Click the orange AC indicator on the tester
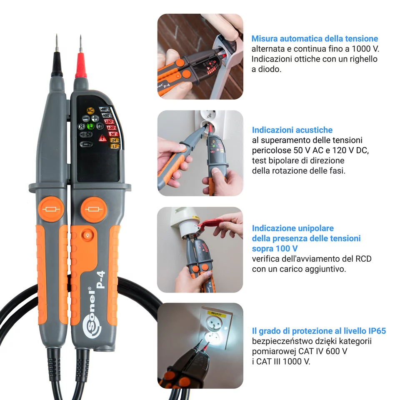90,110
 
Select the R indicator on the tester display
82,126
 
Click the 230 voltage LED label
110,122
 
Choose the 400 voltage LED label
106,115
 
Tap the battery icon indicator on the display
86,144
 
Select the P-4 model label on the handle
100,280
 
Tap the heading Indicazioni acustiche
292,130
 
